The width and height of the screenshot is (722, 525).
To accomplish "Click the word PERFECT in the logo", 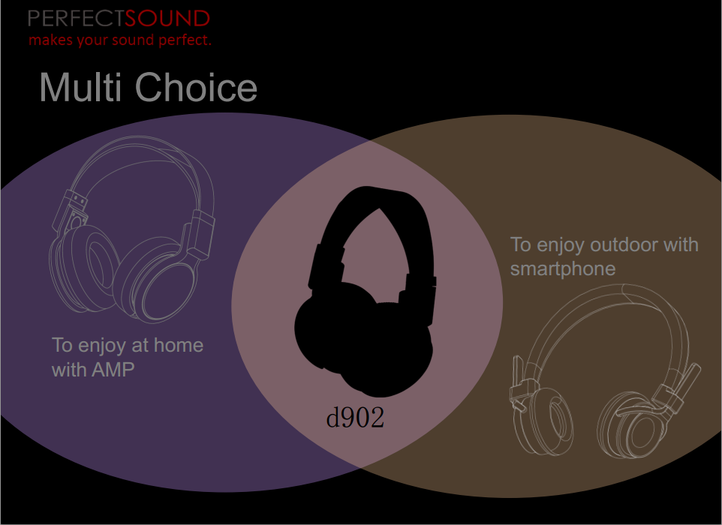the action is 76,19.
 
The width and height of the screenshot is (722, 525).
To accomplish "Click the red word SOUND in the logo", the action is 167,19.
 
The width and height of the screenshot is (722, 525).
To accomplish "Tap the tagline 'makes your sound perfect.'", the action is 120,40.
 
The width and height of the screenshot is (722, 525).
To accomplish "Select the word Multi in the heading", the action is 80,87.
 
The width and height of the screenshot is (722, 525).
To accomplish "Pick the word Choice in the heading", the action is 196,87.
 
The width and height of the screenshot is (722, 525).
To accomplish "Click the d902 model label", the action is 355,418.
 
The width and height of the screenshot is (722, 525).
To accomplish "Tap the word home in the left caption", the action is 179,345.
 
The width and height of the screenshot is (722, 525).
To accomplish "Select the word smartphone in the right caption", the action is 563,269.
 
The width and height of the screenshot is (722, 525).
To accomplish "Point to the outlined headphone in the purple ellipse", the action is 131,229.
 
